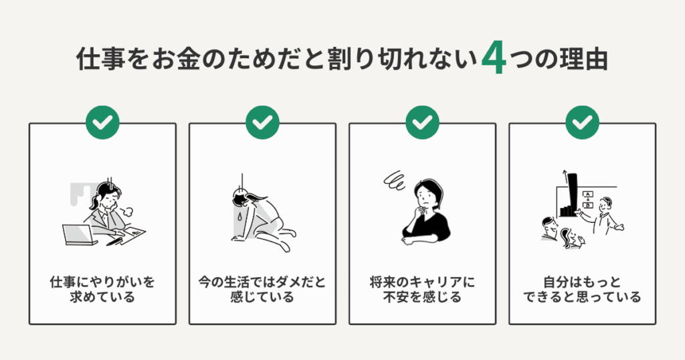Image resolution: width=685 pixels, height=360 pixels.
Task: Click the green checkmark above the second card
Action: (x=262, y=122)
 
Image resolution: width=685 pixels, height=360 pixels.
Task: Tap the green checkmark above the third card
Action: (x=422, y=122)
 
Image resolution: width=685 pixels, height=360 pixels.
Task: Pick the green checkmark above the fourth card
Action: (x=582, y=122)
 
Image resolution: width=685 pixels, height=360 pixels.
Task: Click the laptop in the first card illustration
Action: (x=77, y=235)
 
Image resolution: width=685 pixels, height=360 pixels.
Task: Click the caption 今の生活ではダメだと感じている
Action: (x=262, y=289)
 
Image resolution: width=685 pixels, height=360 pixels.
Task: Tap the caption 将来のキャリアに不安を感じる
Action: (x=422, y=289)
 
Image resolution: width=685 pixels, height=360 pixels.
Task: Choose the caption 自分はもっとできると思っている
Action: (x=582, y=289)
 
